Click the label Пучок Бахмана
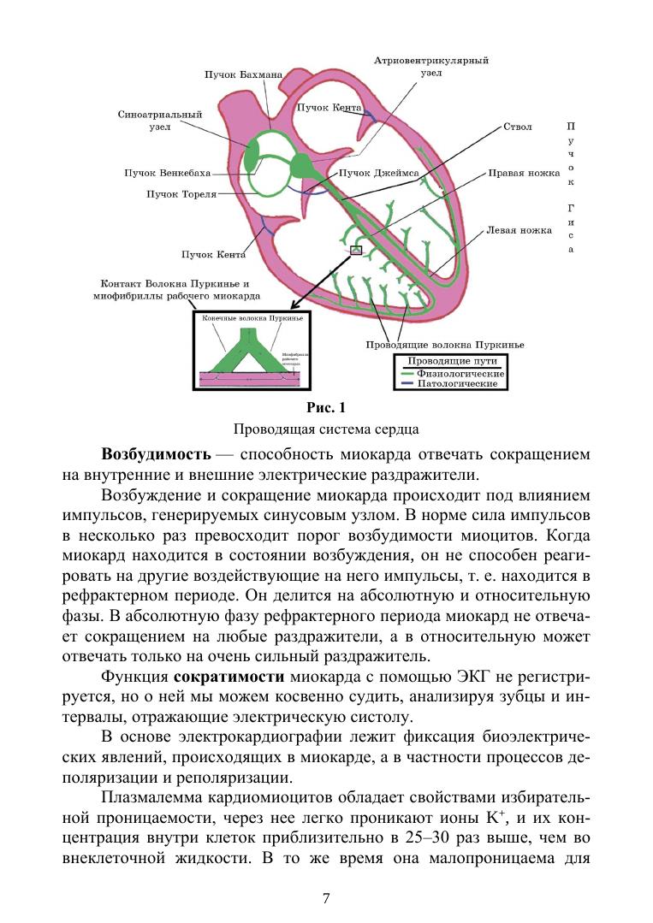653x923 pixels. (242, 75)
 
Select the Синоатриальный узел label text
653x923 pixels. (159, 121)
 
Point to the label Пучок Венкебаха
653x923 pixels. (167, 173)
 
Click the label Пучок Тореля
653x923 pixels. (181, 194)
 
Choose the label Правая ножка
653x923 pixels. (523, 173)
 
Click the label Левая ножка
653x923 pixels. (519, 231)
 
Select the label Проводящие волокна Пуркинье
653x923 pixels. (444, 346)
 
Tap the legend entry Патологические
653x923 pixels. (457, 384)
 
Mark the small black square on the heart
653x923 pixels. (357, 251)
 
